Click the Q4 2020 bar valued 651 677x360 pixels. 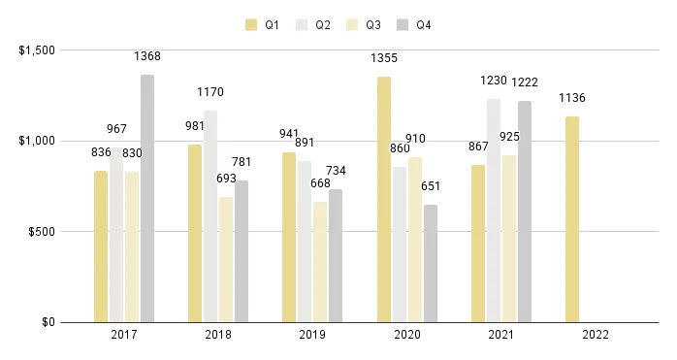click(x=431, y=263)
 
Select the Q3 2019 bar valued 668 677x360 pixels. click(x=321, y=262)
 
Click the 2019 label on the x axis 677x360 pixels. click(x=312, y=336)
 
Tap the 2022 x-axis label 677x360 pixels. click(x=596, y=336)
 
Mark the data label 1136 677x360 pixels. click(x=572, y=98)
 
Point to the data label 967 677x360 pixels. click(x=117, y=129)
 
